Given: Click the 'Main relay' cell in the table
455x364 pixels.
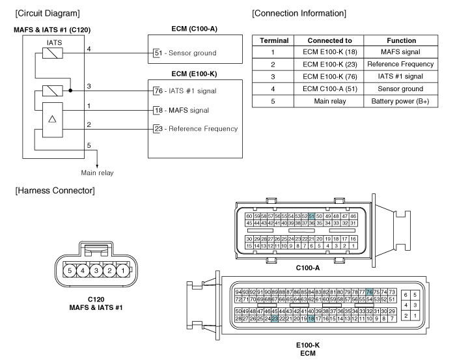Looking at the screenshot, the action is coord(329,102).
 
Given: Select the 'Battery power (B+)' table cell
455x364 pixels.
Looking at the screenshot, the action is coord(400,102).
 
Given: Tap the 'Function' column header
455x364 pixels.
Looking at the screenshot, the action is coord(401,40).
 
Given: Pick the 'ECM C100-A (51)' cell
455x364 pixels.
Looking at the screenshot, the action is coord(329,89).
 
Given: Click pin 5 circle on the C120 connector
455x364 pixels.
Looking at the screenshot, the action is coord(70,271).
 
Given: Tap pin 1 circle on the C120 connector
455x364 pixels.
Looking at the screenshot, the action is coord(123,271).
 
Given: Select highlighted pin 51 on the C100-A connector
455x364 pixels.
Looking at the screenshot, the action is coord(311,216).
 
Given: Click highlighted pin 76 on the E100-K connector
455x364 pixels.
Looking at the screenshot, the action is coord(369,292).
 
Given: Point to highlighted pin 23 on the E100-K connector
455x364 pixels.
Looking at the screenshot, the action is coord(275,318).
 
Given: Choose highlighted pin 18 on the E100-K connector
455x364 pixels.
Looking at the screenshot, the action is coord(310,318).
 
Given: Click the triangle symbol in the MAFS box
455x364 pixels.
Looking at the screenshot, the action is coord(52,119).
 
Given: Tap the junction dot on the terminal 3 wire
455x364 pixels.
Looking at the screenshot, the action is coord(70,91).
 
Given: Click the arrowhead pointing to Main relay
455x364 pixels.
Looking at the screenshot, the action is coord(97,165).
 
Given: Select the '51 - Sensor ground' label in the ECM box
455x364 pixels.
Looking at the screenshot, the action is coord(186,53).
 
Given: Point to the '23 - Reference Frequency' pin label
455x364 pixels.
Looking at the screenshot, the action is coord(196,128).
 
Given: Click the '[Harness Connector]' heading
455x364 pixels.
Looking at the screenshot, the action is coord(55,191).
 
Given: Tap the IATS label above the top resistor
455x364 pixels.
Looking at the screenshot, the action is coord(54,43).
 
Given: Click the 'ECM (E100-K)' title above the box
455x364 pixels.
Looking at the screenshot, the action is coord(194,74).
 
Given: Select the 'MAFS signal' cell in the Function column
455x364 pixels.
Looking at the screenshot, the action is coord(400,52).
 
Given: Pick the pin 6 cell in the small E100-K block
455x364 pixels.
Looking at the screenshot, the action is coord(406,295).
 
